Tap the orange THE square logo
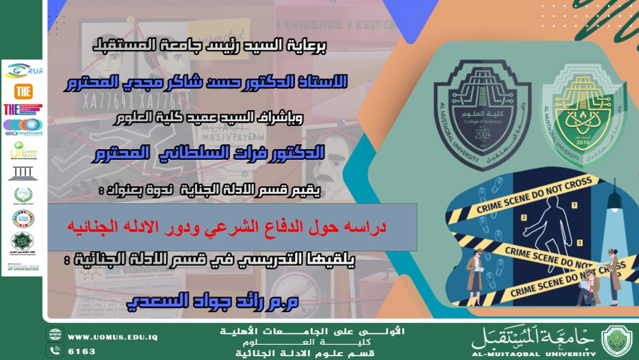(x=23, y=90)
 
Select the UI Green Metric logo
(x=23, y=152)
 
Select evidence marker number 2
(x=523, y=217)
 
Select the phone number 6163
(x=81, y=351)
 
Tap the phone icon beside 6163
(x=54, y=351)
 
